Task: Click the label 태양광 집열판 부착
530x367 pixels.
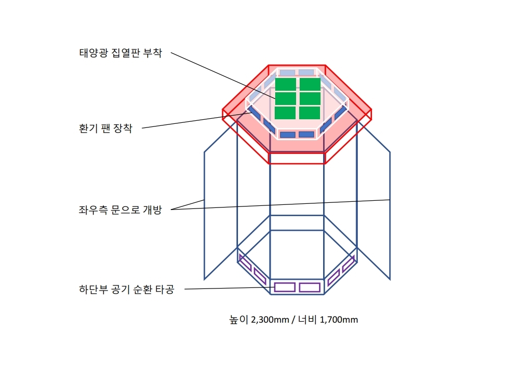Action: [121, 53]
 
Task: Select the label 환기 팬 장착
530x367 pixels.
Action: [105, 128]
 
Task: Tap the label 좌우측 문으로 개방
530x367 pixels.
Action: [120, 210]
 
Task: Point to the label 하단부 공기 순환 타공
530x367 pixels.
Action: [126, 290]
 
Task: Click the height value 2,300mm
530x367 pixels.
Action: [270, 320]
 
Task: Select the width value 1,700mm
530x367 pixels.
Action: [339, 320]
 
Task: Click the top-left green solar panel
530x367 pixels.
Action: [285, 85]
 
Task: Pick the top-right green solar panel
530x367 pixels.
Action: [310, 85]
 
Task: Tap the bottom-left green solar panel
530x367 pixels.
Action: [285, 113]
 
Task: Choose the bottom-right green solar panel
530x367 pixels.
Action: [310, 113]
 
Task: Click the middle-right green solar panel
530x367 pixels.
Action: [310, 99]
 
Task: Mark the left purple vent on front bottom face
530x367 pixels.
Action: [284, 287]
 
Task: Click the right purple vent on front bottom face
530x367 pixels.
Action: [310, 287]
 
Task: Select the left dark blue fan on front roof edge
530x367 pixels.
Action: [287, 135]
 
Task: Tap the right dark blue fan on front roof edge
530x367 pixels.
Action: [307, 135]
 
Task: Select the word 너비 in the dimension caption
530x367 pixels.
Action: [307, 320]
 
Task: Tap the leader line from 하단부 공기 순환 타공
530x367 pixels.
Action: [229, 289]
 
